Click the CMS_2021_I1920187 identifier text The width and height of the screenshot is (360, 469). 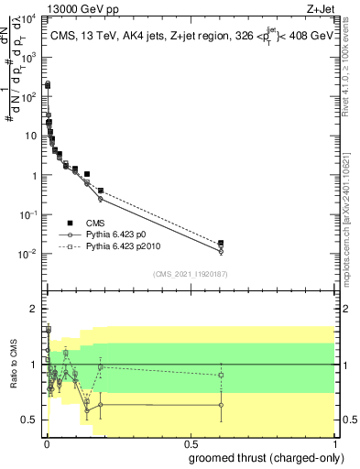[190, 273]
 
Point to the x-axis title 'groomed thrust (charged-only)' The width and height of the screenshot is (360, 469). [266, 456]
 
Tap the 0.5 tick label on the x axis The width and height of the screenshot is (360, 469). [191, 442]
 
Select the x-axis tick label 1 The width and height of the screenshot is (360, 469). [334, 442]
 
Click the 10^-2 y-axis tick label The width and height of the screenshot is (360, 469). [28, 254]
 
